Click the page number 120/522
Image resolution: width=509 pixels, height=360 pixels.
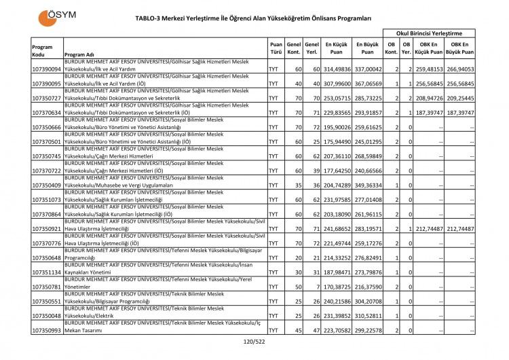point(254,342)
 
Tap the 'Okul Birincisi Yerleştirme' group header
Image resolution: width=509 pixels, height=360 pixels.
point(430,33)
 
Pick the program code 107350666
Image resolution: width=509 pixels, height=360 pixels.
point(46,127)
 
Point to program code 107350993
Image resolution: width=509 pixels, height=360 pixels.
point(46,330)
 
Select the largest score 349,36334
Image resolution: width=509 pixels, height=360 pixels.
point(367,185)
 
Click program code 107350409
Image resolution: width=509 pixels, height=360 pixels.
point(46,185)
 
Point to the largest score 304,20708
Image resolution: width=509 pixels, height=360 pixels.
point(367,301)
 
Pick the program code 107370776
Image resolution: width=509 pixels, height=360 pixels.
point(46,243)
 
